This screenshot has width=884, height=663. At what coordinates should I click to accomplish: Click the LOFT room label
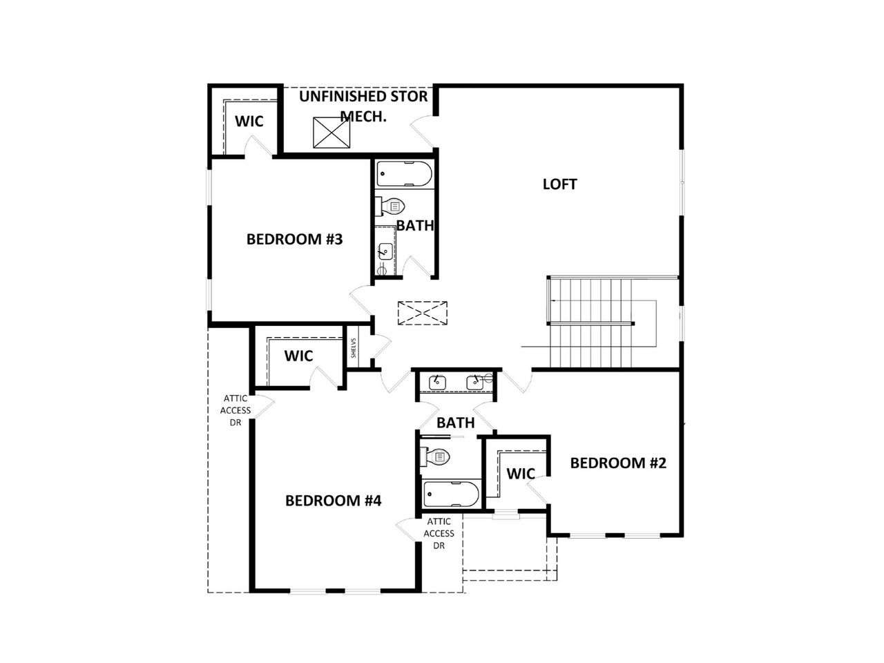pyautogui.click(x=559, y=184)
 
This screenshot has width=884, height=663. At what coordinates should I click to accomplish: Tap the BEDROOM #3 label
pyautogui.click(x=295, y=240)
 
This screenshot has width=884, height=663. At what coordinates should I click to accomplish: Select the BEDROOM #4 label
pyautogui.click(x=334, y=501)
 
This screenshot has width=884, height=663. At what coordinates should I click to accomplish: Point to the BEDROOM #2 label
pyautogui.click(x=618, y=463)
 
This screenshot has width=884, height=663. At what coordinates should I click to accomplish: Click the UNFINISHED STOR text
pyautogui.click(x=363, y=96)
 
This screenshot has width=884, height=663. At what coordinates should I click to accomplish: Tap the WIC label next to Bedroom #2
pyautogui.click(x=521, y=474)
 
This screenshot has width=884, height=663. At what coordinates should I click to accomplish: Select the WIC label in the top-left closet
pyautogui.click(x=249, y=122)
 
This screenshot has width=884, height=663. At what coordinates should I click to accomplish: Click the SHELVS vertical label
pyautogui.click(x=354, y=347)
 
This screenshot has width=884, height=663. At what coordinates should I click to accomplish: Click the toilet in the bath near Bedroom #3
pyautogui.click(x=391, y=206)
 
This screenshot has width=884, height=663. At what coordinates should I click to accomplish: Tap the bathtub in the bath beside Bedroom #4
pyautogui.click(x=451, y=494)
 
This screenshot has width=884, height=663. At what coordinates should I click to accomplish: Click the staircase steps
pyautogui.click(x=590, y=321)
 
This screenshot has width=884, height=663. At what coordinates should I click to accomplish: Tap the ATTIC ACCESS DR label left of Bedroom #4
pyautogui.click(x=236, y=410)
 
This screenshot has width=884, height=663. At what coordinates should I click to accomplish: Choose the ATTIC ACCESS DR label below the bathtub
pyautogui.click(x=439, y=533)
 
